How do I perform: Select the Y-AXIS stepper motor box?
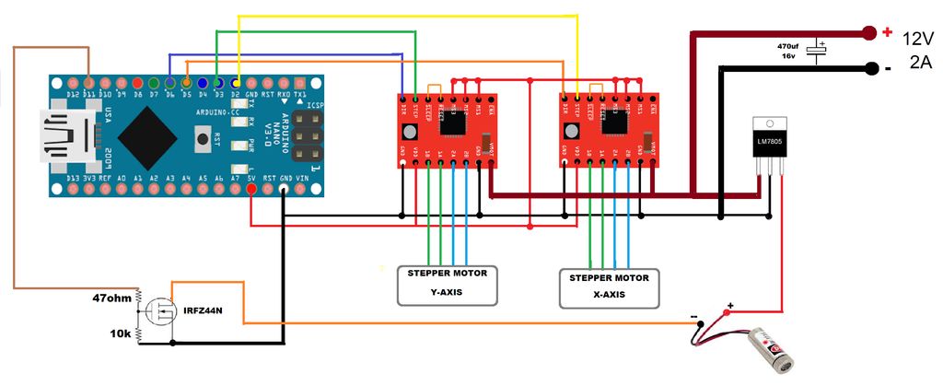[x=448, y=285]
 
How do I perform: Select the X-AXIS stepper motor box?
[x=610, y=288]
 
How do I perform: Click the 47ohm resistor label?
[x=112, y=298]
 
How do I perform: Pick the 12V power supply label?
[x=918, y=39]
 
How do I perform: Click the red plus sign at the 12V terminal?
[x=888, y=32]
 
